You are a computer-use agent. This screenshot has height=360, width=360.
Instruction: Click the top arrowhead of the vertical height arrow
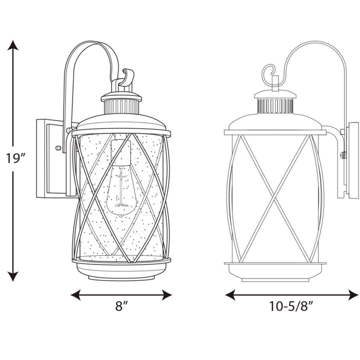pyautogui.click(x=14, y=45)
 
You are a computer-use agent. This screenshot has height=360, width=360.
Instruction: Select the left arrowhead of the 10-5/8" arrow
pyautogui.click(x=230, y=294)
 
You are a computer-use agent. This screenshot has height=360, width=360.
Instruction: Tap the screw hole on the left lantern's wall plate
pyautogui.click(x=58, y=148)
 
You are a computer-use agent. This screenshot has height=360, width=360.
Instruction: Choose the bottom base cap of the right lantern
pyautogui.click(x=273, y=274)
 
